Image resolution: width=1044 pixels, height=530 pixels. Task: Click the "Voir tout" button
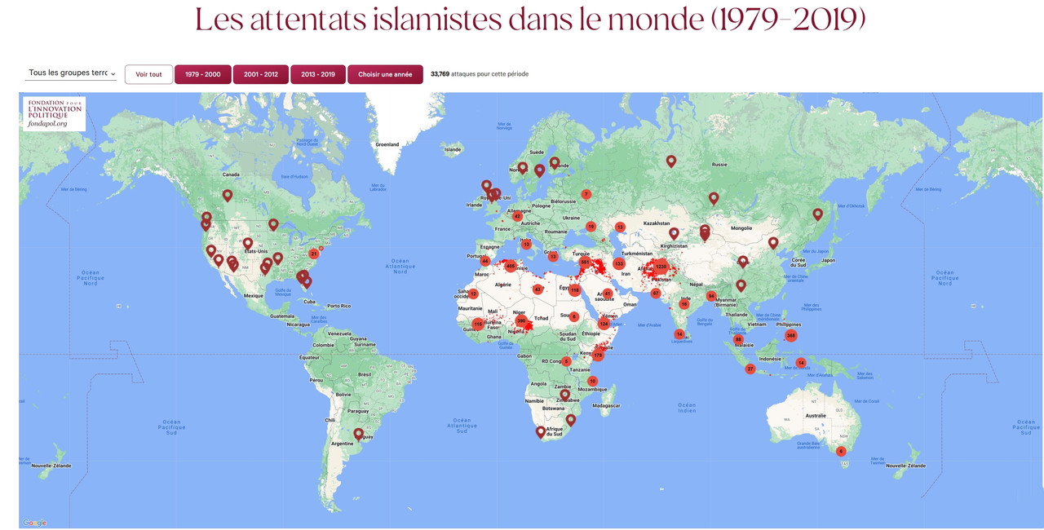point(148,74)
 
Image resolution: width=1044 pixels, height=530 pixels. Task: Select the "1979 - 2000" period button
point(202,74)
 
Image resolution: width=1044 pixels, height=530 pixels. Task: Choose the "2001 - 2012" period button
point(261,74)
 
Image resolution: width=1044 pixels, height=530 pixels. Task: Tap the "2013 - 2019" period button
point(318,74)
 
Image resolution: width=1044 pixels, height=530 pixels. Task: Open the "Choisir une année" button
point(385,74)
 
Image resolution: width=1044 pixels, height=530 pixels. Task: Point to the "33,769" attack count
point(440,74)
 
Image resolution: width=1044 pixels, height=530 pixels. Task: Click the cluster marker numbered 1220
point(661,267)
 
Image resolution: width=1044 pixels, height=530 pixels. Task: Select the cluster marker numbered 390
point(521,320)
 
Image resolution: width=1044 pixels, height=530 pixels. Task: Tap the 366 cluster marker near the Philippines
point(790,336)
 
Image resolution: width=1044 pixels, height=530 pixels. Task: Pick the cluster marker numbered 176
point(598,355)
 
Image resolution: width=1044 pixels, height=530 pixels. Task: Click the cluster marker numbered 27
point(750,369)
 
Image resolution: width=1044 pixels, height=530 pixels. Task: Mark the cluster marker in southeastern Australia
point(841,451)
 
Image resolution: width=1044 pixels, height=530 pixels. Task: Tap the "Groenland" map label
point(387,144)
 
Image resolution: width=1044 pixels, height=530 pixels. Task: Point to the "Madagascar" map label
point(606,405)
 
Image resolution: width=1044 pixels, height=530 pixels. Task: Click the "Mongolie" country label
point(741,228)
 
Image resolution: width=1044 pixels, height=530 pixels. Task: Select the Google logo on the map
point(35,523)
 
